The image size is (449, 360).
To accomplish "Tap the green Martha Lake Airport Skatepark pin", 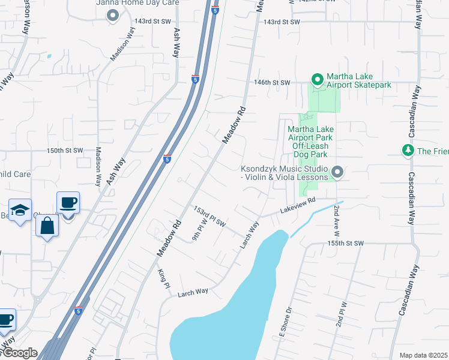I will pyautogui.click(x=318, y=79).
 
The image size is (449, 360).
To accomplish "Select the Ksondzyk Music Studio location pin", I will pyautogui.click(x=337, y=173).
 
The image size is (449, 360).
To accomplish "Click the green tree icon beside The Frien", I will pyautogui.click(x=408, y=150).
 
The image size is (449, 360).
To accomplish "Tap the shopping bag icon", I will pyautogui.click(x=47, y=226).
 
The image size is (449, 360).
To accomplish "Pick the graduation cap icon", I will pyautogui.click(x=20, y=209).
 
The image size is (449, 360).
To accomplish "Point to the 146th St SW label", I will pyautogui.click(x=271, y=82).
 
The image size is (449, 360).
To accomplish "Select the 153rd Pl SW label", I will pyautogui.click(x=209, y=216).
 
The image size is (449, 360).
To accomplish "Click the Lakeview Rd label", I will pyautogui.click(x=296, y=208).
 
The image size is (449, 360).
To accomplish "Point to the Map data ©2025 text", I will pyautogui.click(x=424, y=355).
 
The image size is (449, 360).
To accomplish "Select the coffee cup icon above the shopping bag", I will pyautogui.click(x=67, y=202).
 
